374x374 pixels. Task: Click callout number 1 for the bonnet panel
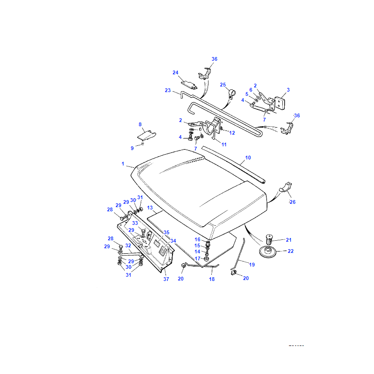tap(123, 164)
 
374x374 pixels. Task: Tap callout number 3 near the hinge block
tap(288, 90)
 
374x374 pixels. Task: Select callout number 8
tap(140, 124)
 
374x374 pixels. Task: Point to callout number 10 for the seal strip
tap(248, 158)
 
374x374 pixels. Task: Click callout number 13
tap(150, 208)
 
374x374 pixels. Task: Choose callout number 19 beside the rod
tap(252, 265)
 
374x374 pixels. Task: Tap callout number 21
tap(288, 240)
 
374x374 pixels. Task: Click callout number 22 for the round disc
tap(290, 251)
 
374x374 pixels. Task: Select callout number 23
tap(168, 90)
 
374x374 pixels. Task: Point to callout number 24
tap(175, 72)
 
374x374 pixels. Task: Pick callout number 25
tap(223, 85)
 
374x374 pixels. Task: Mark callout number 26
tap(293, 202)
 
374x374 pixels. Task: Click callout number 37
tap(166, 279)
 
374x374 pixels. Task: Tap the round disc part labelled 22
tap(267, 252)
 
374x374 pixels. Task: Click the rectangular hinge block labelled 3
tap(280, 103)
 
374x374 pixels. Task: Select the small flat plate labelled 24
tap(189, 85)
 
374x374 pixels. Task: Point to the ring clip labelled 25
tap(231, 94)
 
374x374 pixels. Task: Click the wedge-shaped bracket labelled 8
tap(146, 136)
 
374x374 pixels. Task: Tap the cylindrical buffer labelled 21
tap(269, 239)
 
